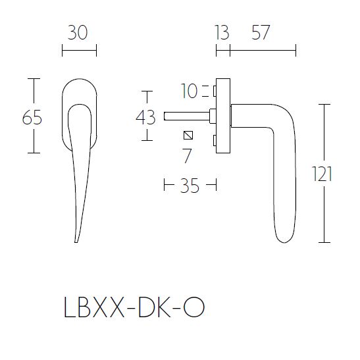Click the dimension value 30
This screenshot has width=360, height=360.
[x=78, y=32]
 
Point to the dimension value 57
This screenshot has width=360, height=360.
[x=261, y=32]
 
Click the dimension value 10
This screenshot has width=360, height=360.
[x=190, y=91]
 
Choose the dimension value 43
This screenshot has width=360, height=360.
[x=145, y=117]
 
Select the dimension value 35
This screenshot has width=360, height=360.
[x=190, y=186]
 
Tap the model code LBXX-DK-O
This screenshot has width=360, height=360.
[x=135, y=307]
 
